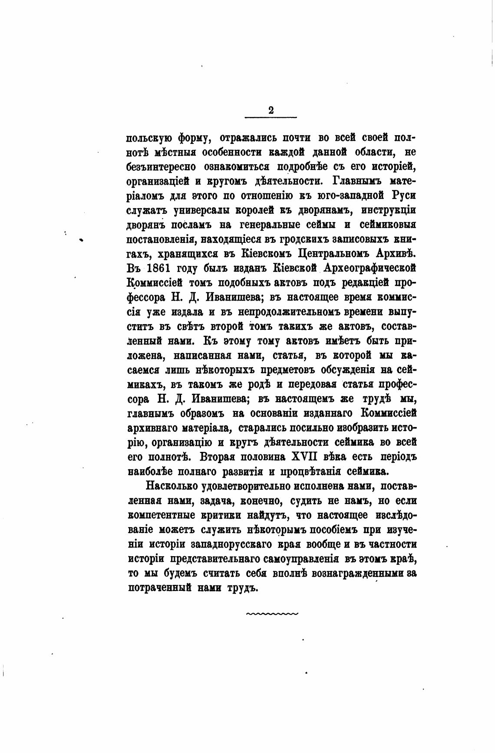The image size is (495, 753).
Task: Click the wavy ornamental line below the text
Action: (x=272, y=614)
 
